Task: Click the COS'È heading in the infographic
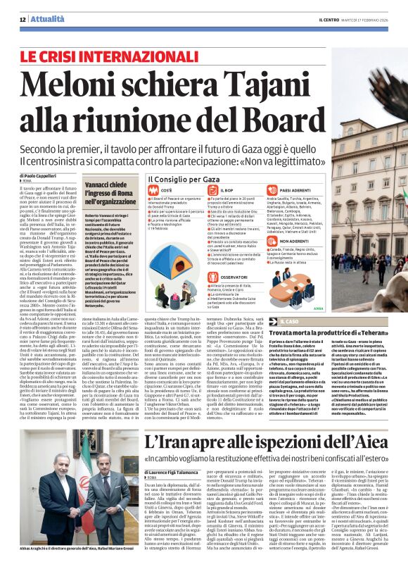point(167,190)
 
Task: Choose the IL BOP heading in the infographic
point(227,190)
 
